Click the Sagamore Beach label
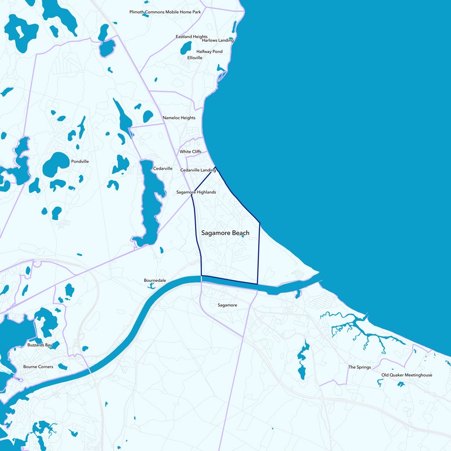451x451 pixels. click(x=225, y=233)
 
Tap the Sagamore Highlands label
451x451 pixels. click(x=196, y=192)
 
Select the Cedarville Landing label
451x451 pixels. click(x=198, y=170)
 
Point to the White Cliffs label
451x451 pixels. click(x=190, y=152)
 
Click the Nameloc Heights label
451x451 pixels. click(x=179, y=118)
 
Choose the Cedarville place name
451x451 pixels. click(x=162, y=169)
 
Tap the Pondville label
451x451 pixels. click(x=80, y=161)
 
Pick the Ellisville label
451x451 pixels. click(x=194, y=58)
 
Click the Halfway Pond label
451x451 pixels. click(x=209, y=51)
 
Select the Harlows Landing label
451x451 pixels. click(x=218, y=41)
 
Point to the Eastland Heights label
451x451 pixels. click(x=192, y=37)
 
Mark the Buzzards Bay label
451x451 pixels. click(x=39, y=344)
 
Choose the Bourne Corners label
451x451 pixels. click(x=38, y=366)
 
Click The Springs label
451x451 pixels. click(x=360, y=367)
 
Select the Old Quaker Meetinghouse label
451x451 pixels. click(x=406, y=375)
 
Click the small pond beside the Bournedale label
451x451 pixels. click(x=151, y=286)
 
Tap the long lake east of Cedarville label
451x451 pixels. click(x=151, y=203)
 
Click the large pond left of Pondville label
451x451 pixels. click(x=56, y=164)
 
